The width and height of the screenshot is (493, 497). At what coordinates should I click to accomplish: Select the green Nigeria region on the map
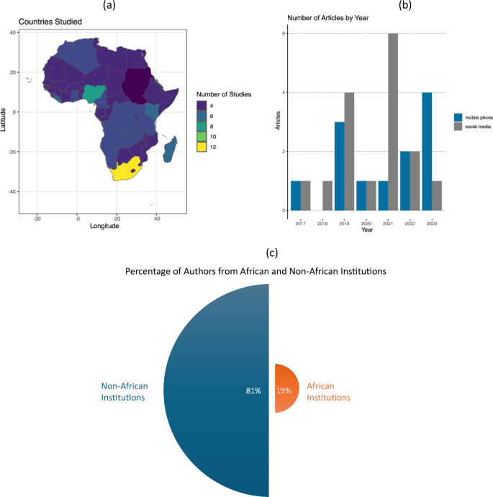(x=93, y=94)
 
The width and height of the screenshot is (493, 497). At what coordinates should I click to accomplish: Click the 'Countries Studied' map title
(x=50, y=22)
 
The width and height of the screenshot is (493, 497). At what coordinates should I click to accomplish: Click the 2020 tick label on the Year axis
(x=366, y=224)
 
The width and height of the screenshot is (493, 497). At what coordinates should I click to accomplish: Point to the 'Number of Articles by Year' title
(x=327, y=17)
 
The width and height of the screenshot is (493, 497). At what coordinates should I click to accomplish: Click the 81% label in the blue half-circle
(x=253, y=391)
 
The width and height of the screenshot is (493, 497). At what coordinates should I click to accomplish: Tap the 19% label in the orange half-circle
(x=283, y=391)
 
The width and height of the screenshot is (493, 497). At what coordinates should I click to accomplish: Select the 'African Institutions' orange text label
(x=329, y=392)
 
